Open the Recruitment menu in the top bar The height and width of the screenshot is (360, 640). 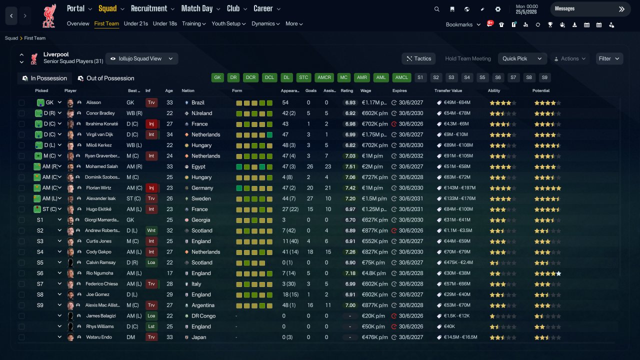(x=152, y=8)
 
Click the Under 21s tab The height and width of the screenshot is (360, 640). (x=135, y=23)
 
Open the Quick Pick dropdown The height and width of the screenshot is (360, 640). (x=522, y=58)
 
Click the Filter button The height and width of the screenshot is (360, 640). (x=609, y=58)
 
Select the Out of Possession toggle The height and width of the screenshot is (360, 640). (x=106, y=78)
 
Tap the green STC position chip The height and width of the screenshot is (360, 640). (x=303, y=77)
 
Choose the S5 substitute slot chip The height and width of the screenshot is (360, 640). (x=482, y=77)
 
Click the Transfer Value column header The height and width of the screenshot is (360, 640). (x=448, y=90)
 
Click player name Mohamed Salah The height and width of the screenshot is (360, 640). (x=101, y=166)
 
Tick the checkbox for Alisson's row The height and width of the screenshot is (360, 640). (x=21, y=102)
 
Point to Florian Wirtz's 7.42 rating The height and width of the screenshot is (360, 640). (x=350, y=188)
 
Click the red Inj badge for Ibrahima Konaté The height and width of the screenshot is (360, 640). (x=151, y=124)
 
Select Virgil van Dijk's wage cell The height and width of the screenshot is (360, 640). (x=374, y=134)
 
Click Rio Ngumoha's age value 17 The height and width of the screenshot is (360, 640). (x=169, y=273)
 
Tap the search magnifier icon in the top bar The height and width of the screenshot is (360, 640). (x=436, y=9)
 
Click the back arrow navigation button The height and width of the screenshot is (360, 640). (x=11, y=15)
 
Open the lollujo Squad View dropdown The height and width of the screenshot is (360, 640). (x=142, y=58)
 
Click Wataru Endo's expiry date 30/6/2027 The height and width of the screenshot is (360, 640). (x=411, y=337)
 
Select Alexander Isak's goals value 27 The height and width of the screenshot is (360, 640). (x=309, y=198)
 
